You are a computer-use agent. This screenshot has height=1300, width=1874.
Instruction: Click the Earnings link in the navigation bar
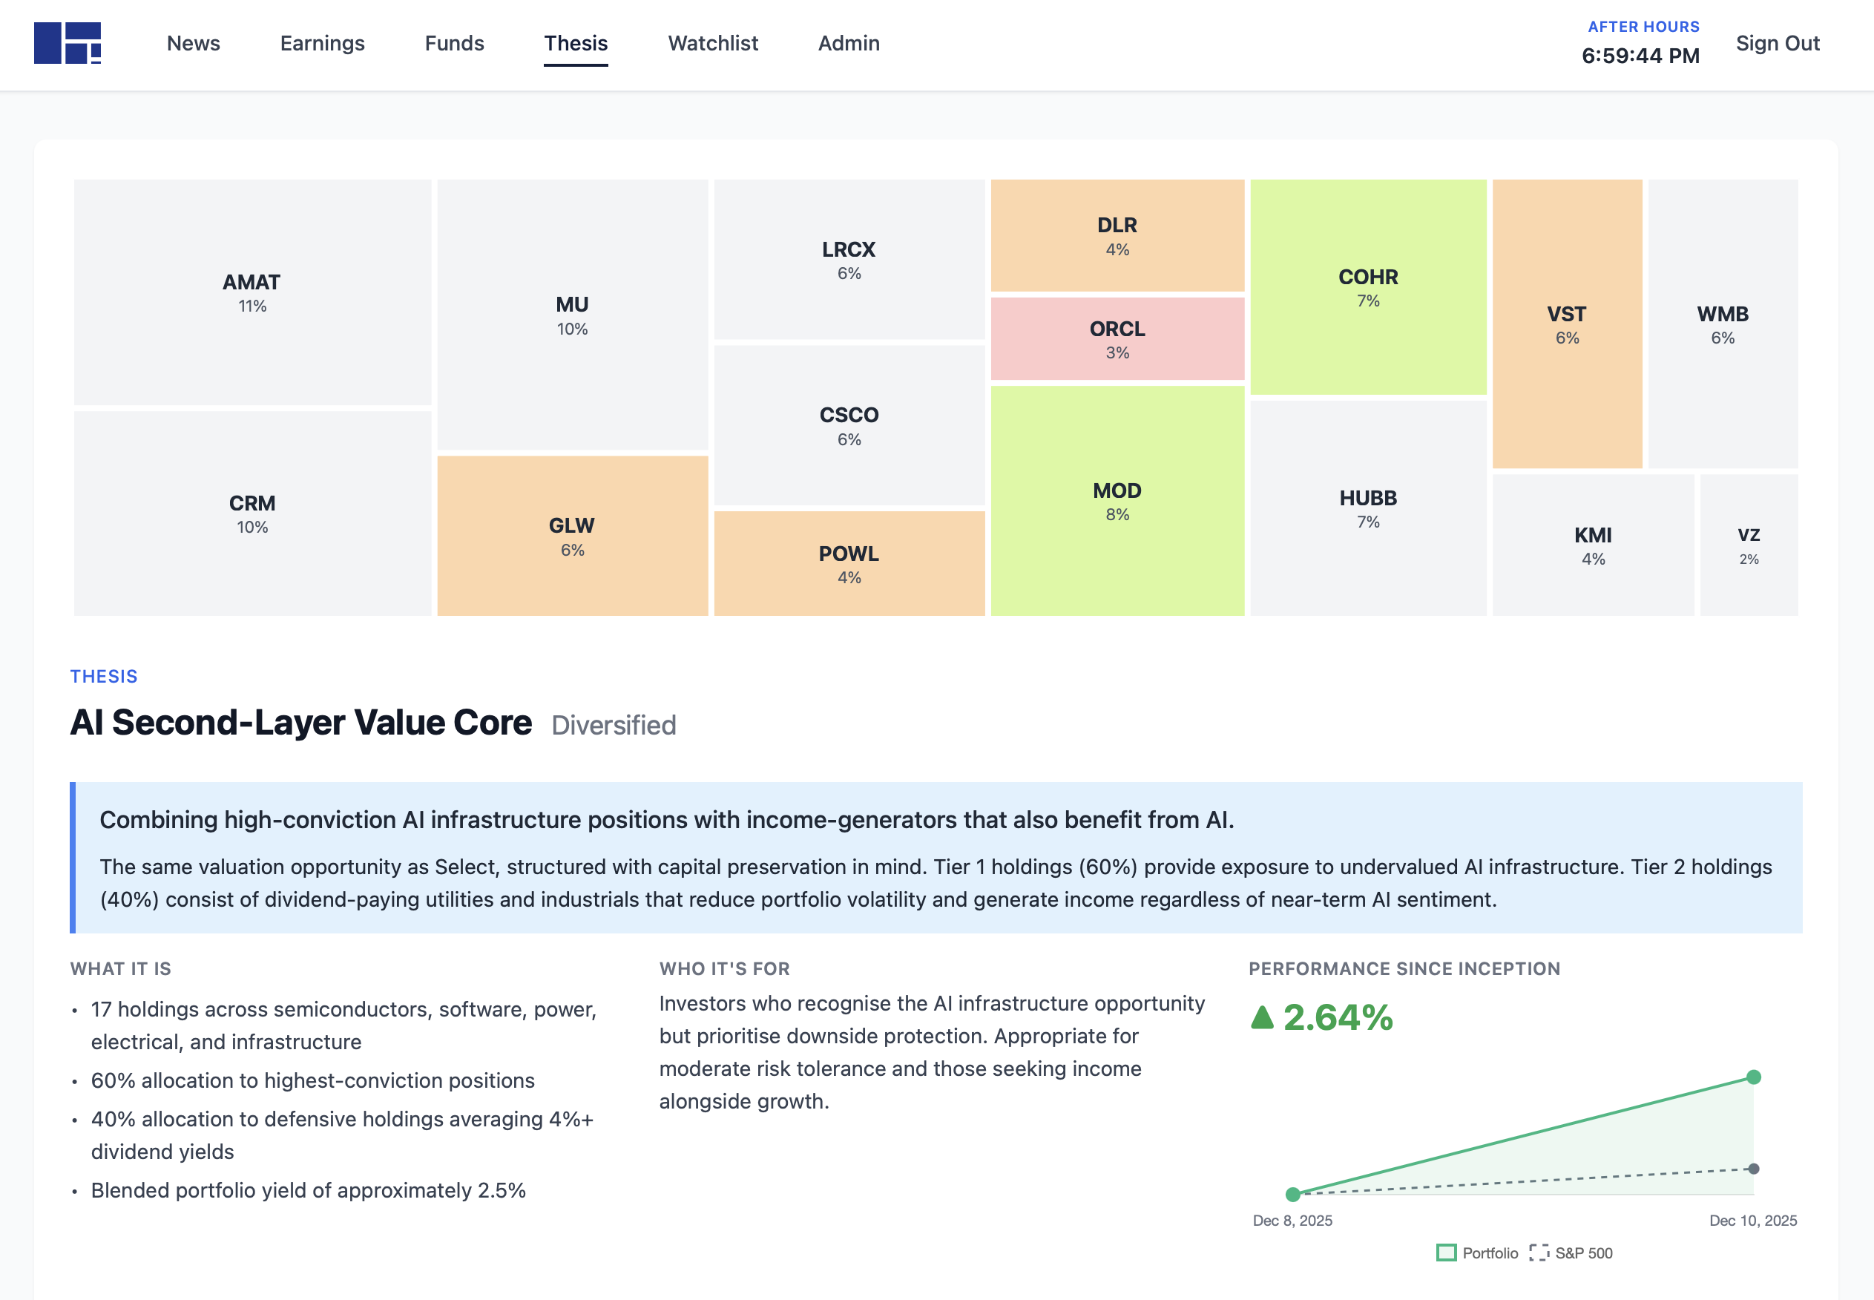click(x=322, y=43)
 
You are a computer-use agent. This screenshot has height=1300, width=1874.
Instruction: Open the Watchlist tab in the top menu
click(x=713, y=43)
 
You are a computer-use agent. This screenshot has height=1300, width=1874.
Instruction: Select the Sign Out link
click(x=1777, y=43)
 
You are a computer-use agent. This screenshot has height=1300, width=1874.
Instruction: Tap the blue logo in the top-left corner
click(x=68, y=43)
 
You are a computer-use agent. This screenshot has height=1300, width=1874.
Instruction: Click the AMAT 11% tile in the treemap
click(x=252, y=292)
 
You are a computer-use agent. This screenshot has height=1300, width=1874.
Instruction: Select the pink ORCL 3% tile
click(x=1117, y=339)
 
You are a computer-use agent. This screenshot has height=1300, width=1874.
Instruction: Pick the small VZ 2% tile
click(x=1748, y=545)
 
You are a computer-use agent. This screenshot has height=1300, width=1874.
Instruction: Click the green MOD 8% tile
click(x=1117, y=500)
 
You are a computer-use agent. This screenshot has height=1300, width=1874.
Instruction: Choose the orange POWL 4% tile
click(x=849, y=564)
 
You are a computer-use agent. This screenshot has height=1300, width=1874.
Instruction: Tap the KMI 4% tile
click(x=1592, y=545)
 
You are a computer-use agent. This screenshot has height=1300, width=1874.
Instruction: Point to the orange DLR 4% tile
click(x=1117, y=235)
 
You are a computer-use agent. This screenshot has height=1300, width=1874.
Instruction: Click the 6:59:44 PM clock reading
click(x=1640, y=56)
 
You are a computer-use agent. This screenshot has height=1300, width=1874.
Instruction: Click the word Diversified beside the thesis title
click(x=614, y=725)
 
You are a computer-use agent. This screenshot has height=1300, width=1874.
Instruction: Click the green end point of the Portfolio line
click(x=1754, y=1077)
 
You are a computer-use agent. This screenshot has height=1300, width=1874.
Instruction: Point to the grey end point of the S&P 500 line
click(x=1754, y=1169)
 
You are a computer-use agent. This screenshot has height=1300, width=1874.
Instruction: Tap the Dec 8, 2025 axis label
click(x=1292, y=1220)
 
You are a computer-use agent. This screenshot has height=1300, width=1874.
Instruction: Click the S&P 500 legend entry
click(x=1582, y=1253)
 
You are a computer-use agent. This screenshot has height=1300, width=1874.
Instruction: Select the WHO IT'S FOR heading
click(x=724, y=968)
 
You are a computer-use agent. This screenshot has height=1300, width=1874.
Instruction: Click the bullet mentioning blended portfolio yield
click(x=308, y=1190)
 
